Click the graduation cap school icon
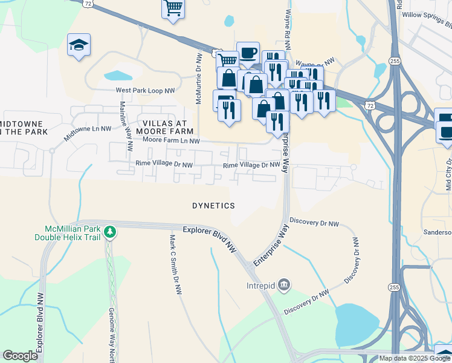tap(79, 45)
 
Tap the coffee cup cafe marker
tap(248, 53)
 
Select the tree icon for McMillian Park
tap(109, 232)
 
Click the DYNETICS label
tap(213, 206)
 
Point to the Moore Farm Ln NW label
tap(171, 141)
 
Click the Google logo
tap(20, 356)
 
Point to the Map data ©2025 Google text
tap(415, 358)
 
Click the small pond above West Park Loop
tap(118, 76)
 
